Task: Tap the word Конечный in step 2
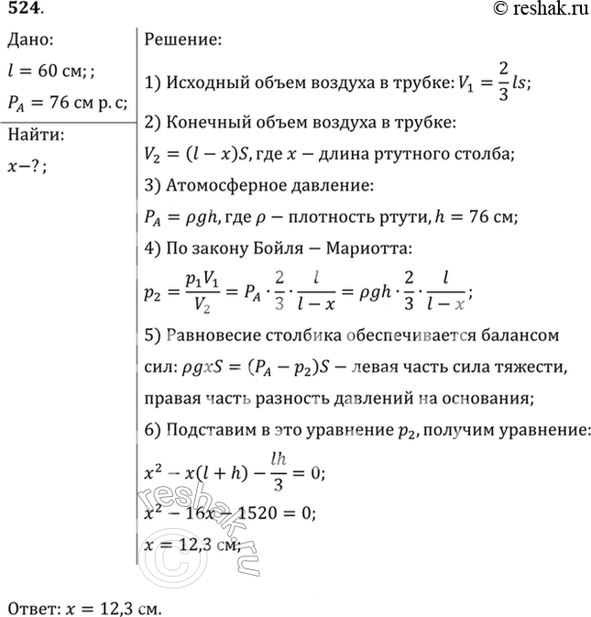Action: pyautogui.click(x=207, y=123)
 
